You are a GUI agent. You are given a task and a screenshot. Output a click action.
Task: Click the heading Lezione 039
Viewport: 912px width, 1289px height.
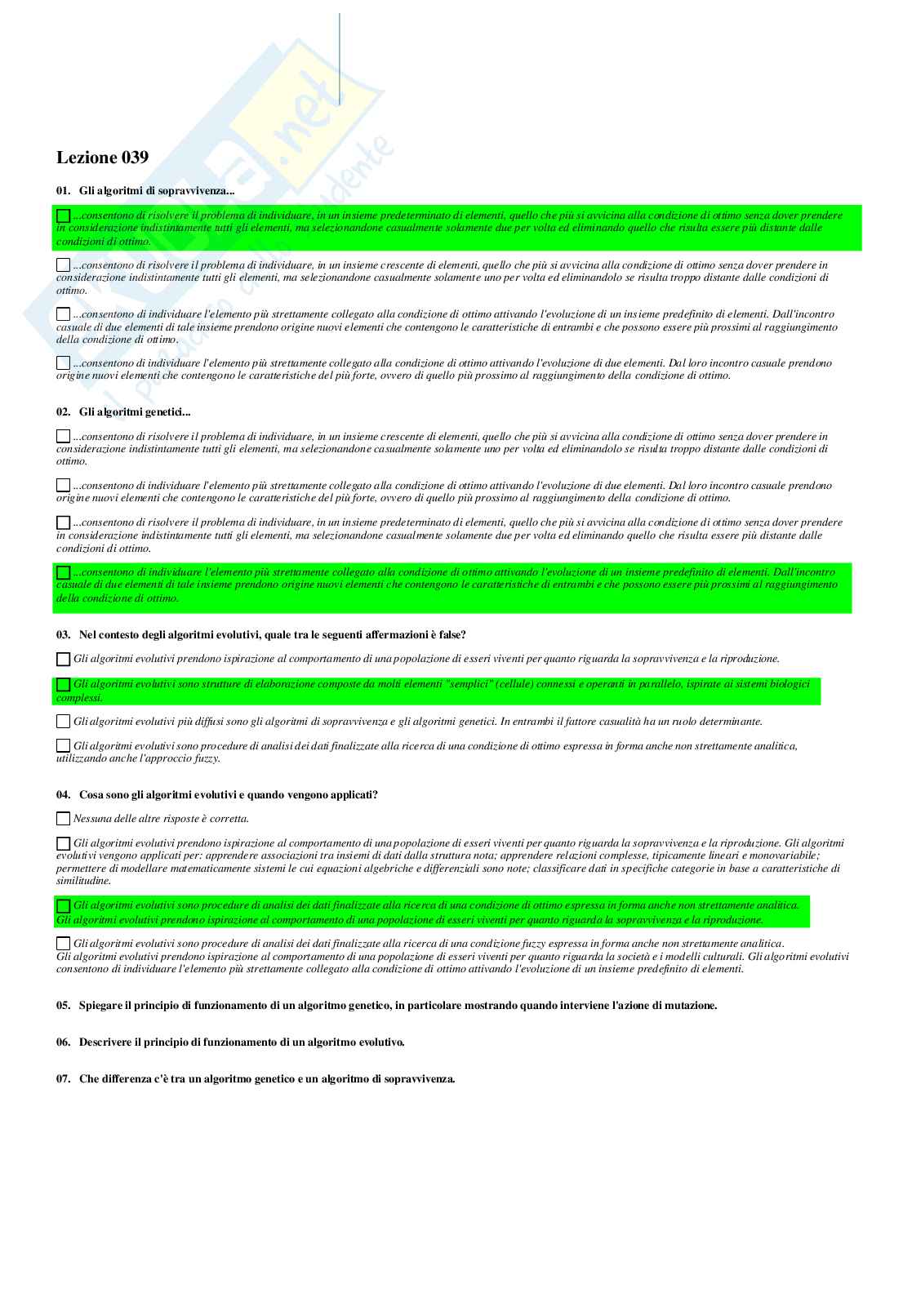(x=102, y=158)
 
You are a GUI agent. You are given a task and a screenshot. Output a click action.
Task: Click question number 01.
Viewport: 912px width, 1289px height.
(x=63, y=191)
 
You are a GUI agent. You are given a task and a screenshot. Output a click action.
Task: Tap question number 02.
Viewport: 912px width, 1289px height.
(x=63, y=412)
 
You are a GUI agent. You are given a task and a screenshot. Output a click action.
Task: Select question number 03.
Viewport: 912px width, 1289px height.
(x=63, y=635)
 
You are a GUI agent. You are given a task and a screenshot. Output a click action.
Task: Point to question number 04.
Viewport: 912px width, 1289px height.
(x=63, y=795)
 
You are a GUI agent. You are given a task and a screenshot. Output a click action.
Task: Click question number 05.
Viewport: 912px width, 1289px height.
(x=63, y=1006)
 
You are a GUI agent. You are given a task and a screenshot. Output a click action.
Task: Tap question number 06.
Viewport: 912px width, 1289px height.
(x=63, y=1042)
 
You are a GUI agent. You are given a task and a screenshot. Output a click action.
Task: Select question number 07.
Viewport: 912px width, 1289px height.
(x=63, y=1079)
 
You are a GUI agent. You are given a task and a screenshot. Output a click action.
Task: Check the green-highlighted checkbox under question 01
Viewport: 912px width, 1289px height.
(x=63, y=216)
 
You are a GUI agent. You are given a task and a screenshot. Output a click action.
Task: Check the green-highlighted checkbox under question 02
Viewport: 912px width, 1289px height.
(x=63, y=573)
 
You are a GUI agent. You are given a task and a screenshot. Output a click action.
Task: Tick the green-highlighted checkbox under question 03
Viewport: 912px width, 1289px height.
(x=63, y=685)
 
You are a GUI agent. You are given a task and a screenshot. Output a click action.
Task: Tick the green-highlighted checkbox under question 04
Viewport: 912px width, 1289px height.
(x=63, y=906)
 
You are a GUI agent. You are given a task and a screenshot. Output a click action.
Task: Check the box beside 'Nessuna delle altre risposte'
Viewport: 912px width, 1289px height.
(x=63, y=819)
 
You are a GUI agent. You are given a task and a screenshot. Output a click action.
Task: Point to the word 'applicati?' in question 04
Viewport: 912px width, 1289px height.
(x=353, y=795)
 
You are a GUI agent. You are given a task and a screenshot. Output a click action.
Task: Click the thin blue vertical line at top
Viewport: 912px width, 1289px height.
(x=339, y=57)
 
